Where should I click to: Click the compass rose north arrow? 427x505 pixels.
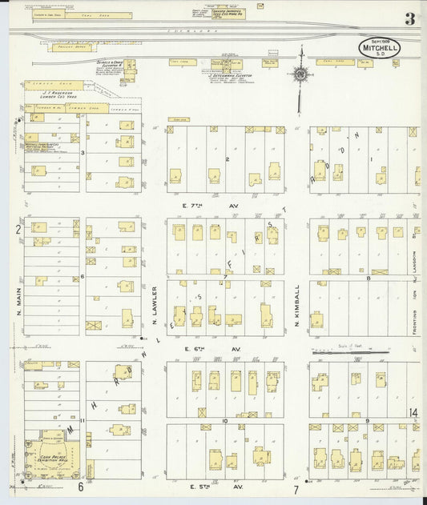[x=300, y=75]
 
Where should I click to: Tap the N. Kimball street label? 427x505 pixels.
[x=296, y=304]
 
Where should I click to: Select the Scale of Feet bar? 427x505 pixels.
[x=361, y=351]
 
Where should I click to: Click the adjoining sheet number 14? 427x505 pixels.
[x=412, y=413]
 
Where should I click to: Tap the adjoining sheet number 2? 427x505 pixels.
[x=17, y=230]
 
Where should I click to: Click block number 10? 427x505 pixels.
[x=225, y=420]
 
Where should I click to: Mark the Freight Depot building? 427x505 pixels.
[x=72, y=48]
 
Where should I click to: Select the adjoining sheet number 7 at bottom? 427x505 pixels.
[x=296, y=488]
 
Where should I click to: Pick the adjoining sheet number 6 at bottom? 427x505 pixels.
[x=80, y=487]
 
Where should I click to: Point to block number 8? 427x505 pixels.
[x=368, y=278]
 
